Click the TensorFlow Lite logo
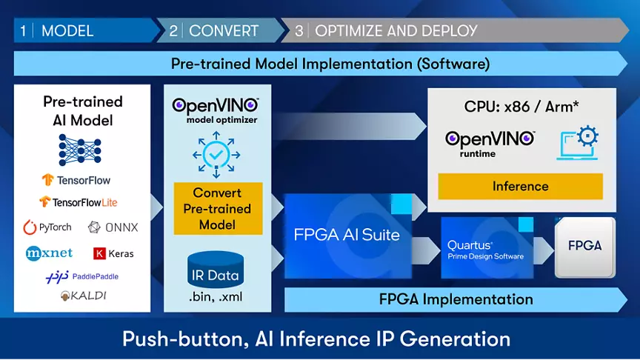tap(79, 202)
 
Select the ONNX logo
tap(113, 227)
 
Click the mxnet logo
tap(49, 253)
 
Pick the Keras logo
tap(113, 253)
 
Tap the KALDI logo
tap(83, 296)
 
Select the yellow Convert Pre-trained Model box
tap(218, 209)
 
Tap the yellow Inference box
tap(520, 187)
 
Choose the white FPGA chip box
tap(584, 246)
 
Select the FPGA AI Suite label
tap(347, 236)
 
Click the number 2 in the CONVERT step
tap(173, 31)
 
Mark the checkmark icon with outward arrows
tap(216, 154)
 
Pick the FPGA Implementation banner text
tap(456, 299)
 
